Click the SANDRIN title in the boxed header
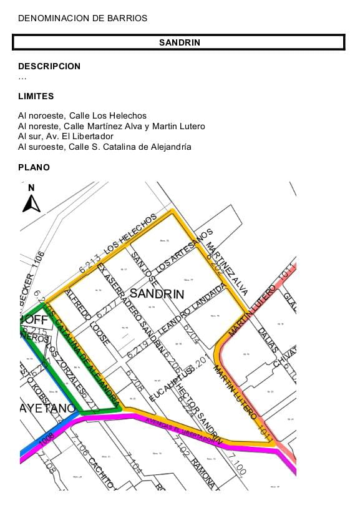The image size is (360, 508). click(x=179, y=42)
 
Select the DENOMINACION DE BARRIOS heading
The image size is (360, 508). click(x=82, y=18)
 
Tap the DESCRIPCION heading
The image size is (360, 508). click(x=49, y=66)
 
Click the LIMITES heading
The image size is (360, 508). click(x=36, y=96)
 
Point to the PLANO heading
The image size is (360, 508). click(x=34, y=167)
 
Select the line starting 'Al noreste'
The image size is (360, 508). click(x=112, y=126)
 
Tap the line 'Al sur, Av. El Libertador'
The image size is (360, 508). click(x=66, y=136)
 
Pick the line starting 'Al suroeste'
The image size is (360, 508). click(x=105, y=147)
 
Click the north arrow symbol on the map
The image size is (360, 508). click(x=31, y=200)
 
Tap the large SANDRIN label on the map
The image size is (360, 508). click(x=157, y=293)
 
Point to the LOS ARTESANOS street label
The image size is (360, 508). click(x=183, y=250)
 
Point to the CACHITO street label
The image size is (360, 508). click(x=100, y=472)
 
